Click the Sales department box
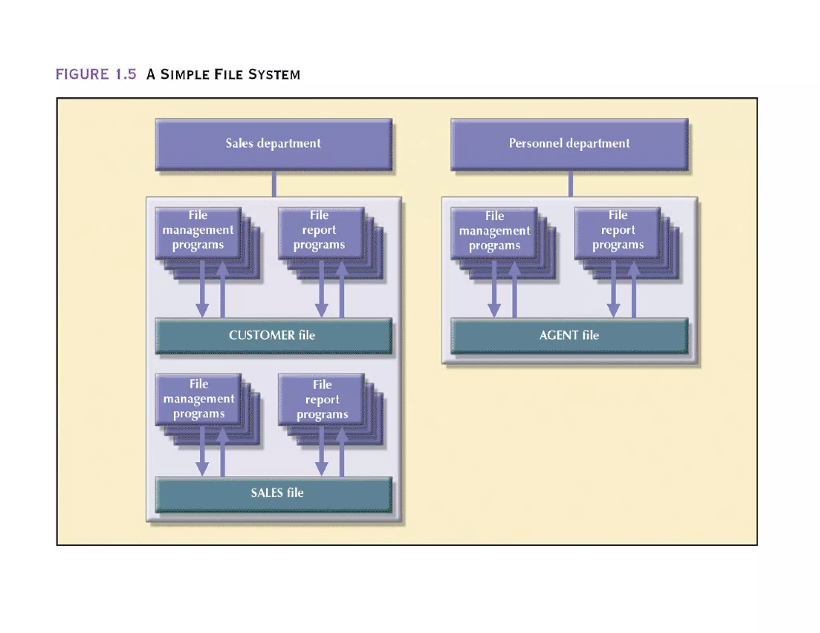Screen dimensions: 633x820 pyautogui.click(x=273, y=144)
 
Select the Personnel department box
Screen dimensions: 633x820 pyautogui.click(x=569, y=144)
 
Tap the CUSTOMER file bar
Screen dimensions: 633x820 pyautogui.click(x=273, y=336)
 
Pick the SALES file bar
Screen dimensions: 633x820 pyautogui.click(x=273, y=494)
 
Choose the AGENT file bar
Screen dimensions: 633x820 pyautogui.click(x=569, y=336)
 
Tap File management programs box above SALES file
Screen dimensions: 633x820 pyautogui.click(x=198, y=399)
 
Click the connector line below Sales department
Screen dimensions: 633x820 pyautogui.click(x=274, y=184)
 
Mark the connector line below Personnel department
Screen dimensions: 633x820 pyautogui.click(x=570, y=184)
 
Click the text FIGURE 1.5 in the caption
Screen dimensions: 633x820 pyautogui.click(x=96, y=74)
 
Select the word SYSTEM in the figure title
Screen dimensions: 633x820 pyautogui.click(x=274, y=75)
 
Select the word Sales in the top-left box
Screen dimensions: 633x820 pyautogui.click(x=239, y=143)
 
